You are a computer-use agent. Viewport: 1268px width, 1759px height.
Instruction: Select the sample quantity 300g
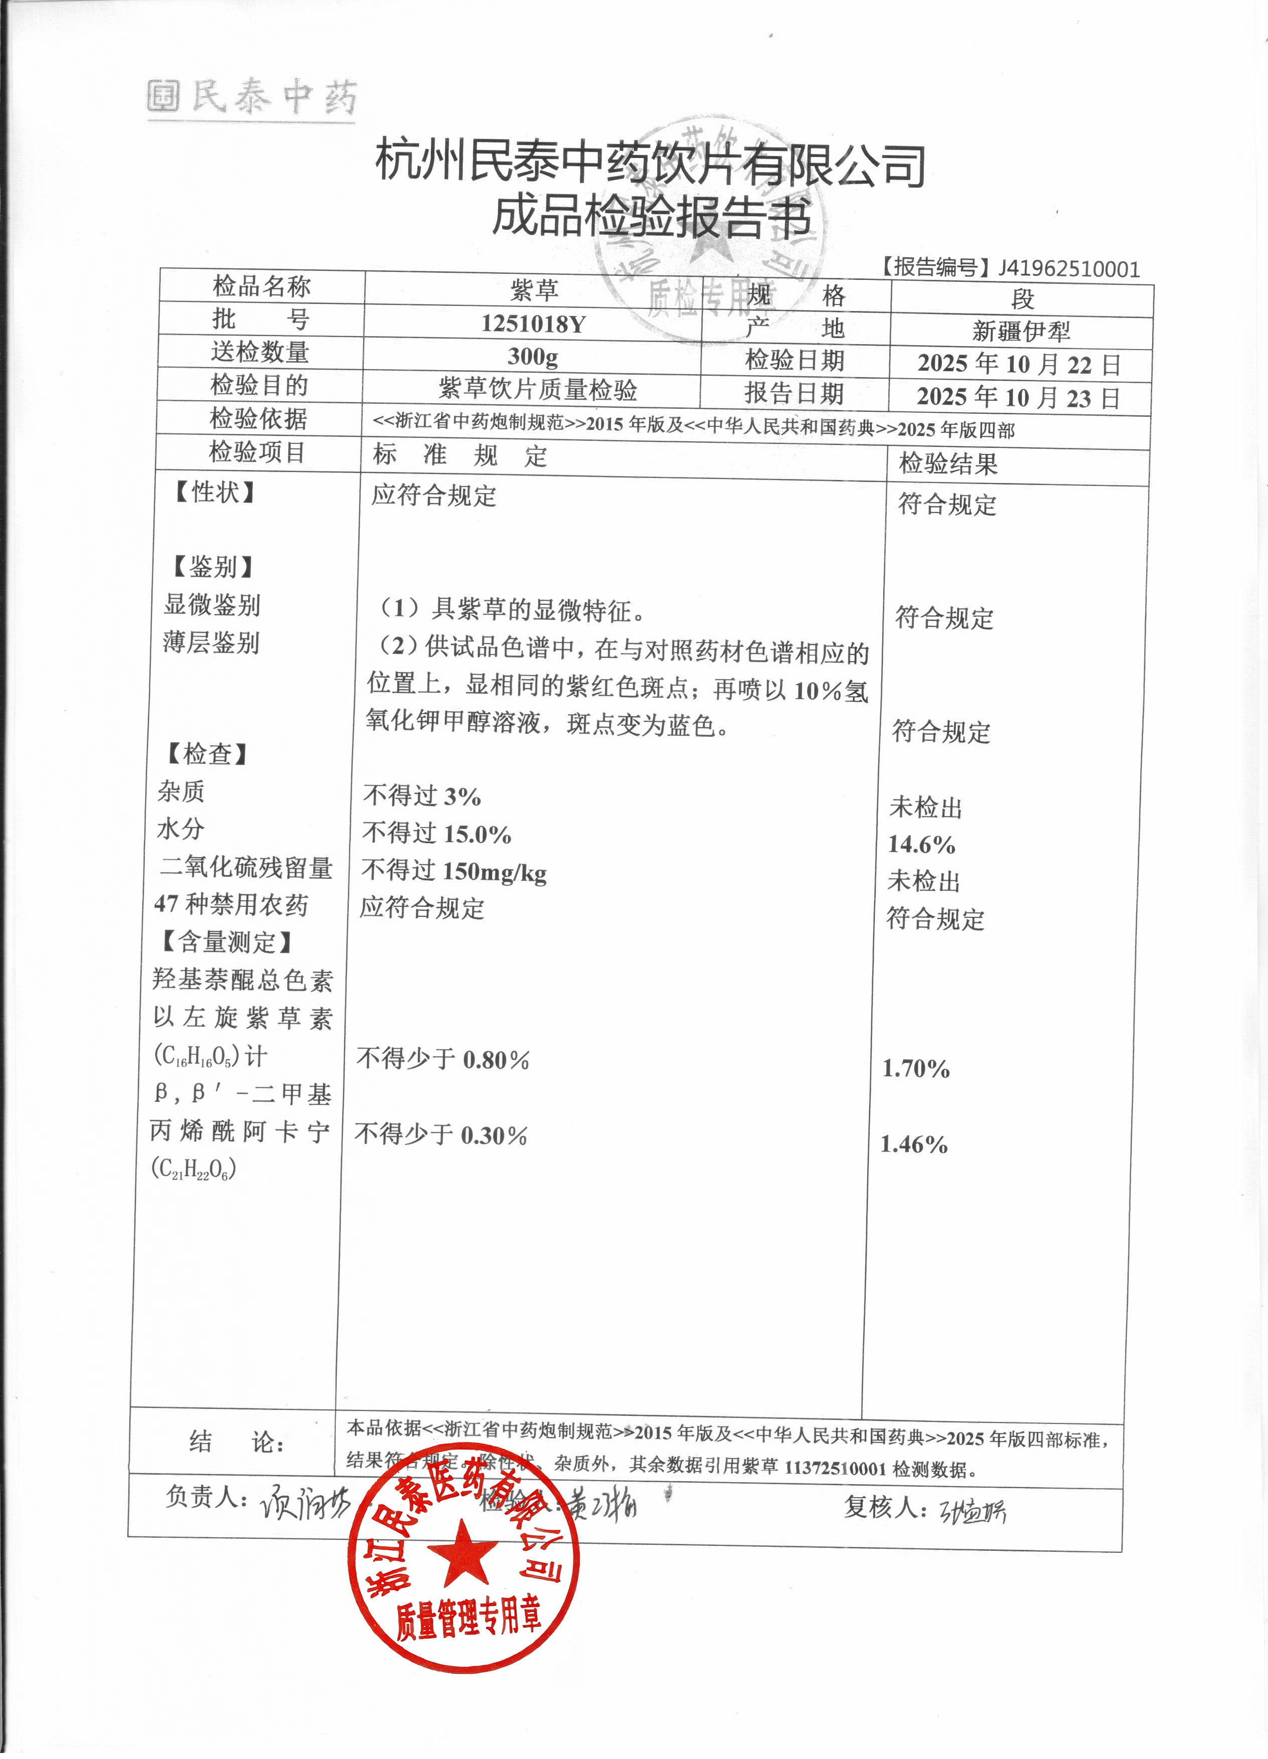coord(533,356)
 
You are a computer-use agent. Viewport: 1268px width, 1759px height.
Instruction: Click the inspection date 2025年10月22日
coord(1019,364)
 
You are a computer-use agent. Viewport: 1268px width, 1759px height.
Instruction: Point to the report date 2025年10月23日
coord(1018,397)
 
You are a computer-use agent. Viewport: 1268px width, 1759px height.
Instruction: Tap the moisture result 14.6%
coord(921,844)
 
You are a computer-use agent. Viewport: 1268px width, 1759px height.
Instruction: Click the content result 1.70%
coord(916,1069)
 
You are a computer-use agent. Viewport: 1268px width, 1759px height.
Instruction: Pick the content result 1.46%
coord(913,1144)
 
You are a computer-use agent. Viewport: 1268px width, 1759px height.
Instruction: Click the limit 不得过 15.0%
coord(436,834)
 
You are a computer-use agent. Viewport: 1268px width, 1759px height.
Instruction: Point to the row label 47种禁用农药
coord(231,904)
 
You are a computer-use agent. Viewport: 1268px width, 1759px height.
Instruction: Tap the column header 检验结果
coord(947,464)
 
